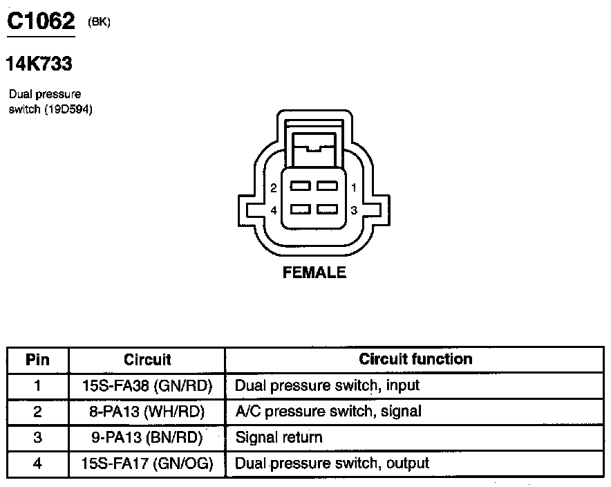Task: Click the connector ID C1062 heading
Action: coord(40,21)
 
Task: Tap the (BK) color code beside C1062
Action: coord(99,22)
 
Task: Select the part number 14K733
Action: coord(39,64)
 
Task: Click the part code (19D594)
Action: coord(68,109)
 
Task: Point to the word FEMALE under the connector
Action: coord(314,273)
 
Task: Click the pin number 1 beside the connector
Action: coord(353,187)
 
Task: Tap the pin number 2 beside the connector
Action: coord(274,187)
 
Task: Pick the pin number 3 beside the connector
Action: coord(353,210)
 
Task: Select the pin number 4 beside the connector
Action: coord(274,210)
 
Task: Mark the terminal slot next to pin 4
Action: coord(300,209)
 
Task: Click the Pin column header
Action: coord(37,360)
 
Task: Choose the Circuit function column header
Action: coord(415,359)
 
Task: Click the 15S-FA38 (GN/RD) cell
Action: coord(147,385)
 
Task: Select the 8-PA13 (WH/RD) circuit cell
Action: coord(147,412)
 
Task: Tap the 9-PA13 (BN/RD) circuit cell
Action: coord(147,437)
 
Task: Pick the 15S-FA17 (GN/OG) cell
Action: coord(147,463)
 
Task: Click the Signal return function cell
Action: coord(279,437)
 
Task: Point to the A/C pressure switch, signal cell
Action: coord(328,412)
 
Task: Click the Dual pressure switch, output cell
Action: coord(332,463)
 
